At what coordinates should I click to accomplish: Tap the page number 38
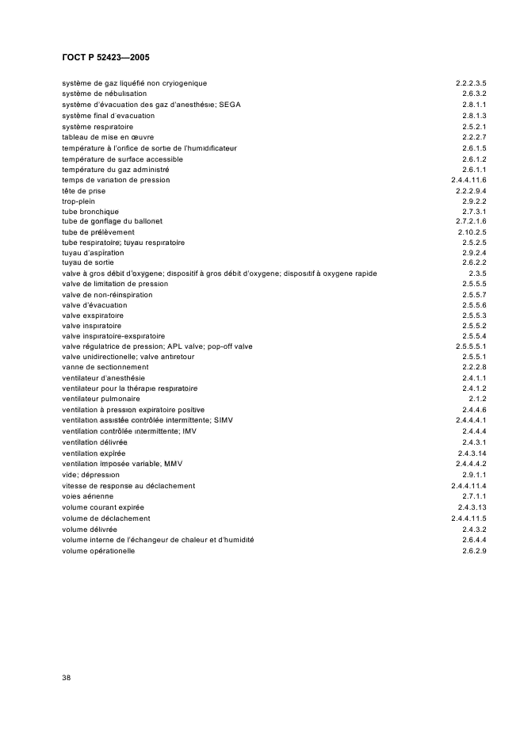click(x=66, y=677)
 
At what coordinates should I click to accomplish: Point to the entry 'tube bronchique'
click(x=90, y=212)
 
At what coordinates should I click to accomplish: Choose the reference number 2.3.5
click(x=477, y=273)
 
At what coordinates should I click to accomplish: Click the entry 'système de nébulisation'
click(x=104, y=94)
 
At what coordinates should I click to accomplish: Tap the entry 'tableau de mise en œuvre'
click(x=108, y=137)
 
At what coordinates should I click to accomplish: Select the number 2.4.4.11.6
click(x=468, y=180)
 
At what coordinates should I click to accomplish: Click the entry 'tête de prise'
click(x=83, y=191)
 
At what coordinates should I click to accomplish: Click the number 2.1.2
click(x=478, y=399)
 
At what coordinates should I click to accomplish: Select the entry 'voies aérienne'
click(x=88, y=495)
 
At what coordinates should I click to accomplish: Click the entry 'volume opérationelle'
click(x=98, y=551)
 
